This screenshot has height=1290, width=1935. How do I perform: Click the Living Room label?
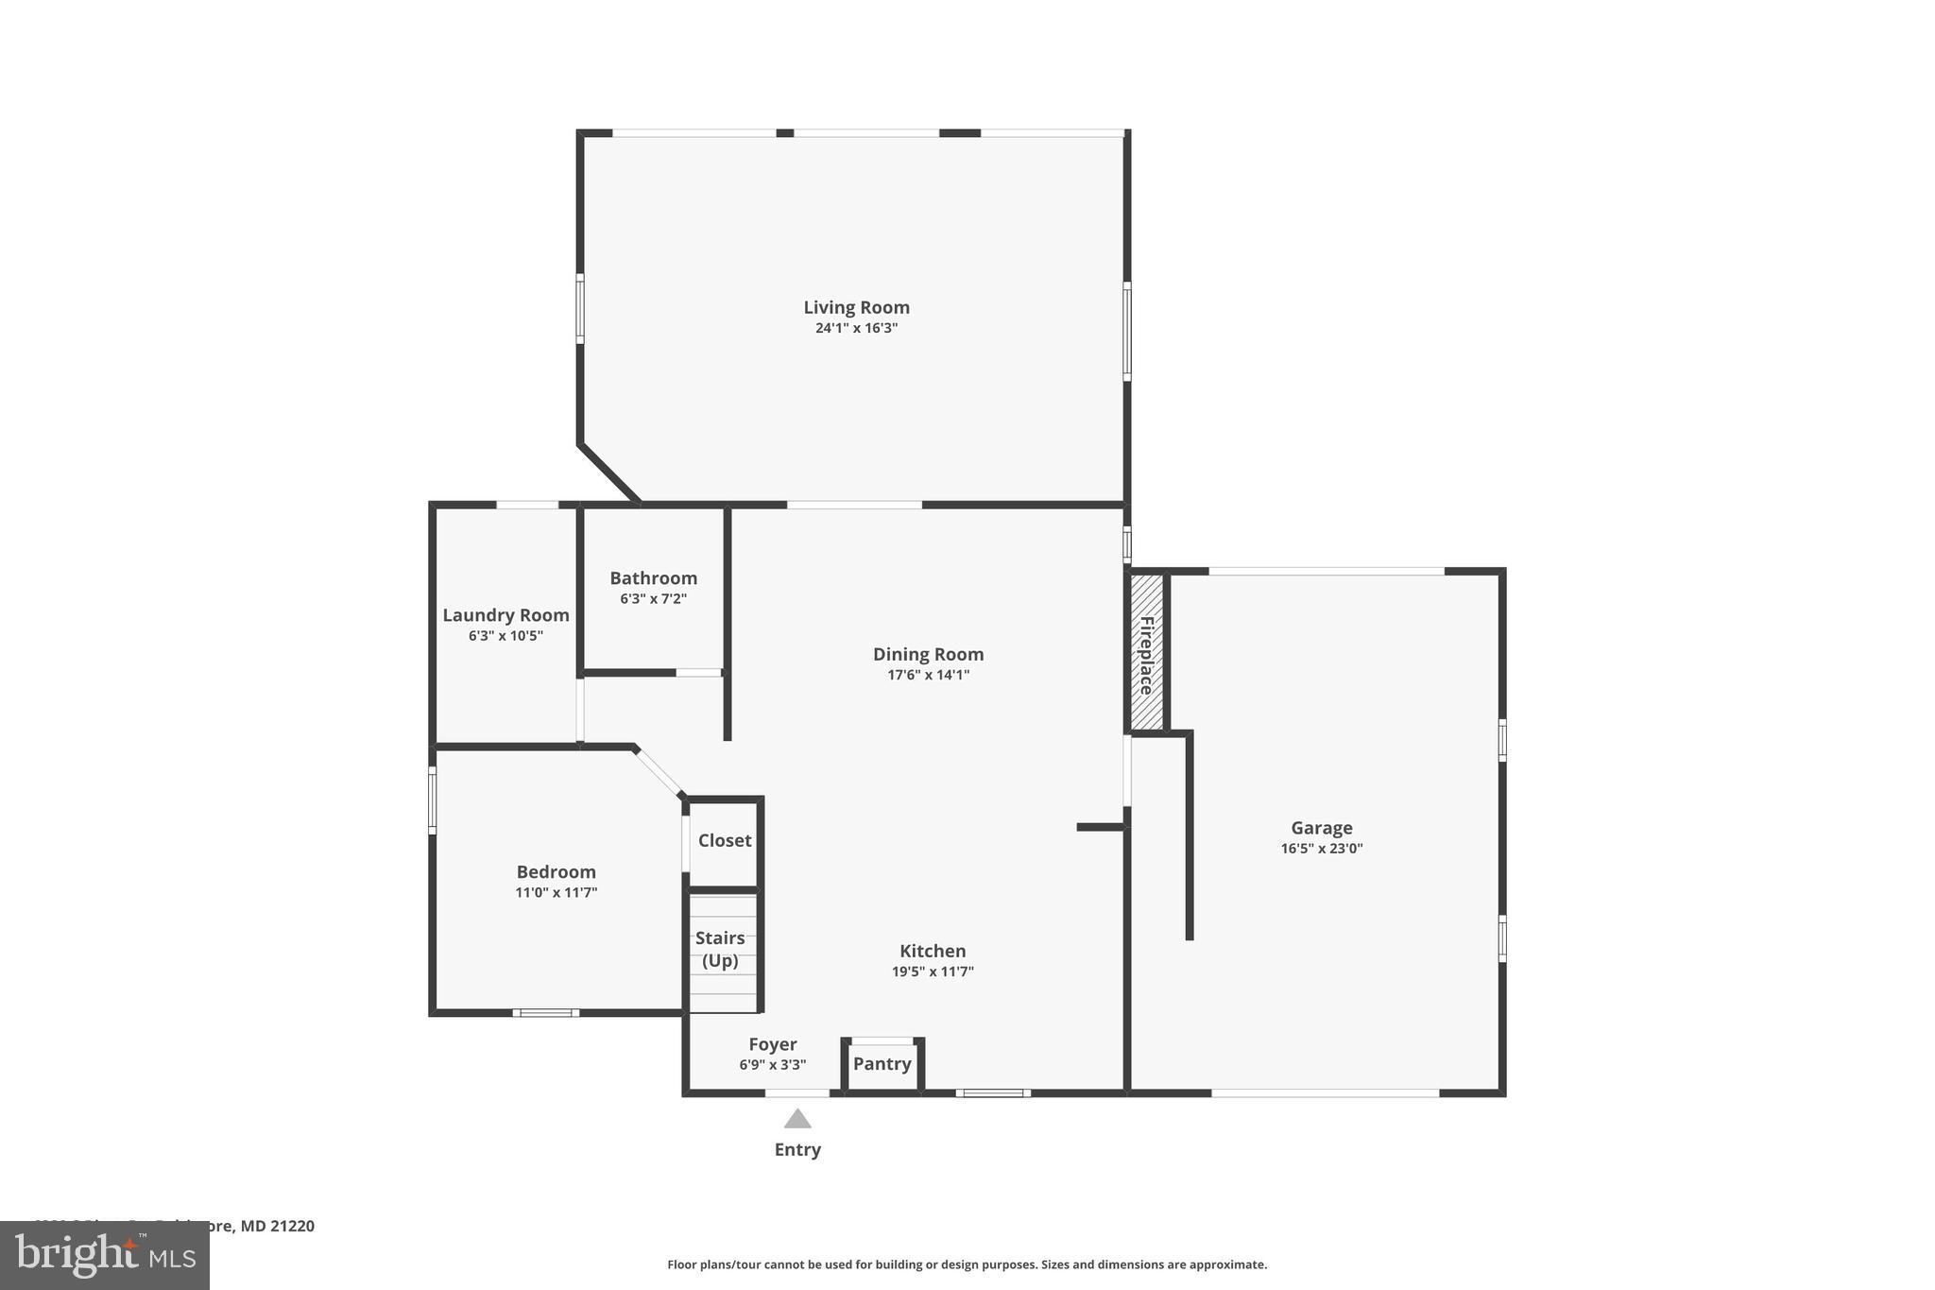coord(856,307)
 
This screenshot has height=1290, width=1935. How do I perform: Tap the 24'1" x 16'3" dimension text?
coord(856,329)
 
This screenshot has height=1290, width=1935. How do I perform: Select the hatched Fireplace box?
coord(1147,653)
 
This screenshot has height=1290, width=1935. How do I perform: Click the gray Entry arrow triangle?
coord(797,1119)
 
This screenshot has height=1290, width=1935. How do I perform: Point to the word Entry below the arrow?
coord(797,1150)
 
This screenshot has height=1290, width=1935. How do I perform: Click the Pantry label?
coord(882,1064)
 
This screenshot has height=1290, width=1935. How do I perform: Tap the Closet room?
coord(724,841)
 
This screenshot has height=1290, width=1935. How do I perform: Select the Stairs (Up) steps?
coord(722,951)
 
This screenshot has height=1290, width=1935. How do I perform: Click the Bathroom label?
coord(653,578)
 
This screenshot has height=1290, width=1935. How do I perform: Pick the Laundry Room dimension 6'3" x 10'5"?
coord(505,636)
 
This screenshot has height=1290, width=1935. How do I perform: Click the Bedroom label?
coord(556,872)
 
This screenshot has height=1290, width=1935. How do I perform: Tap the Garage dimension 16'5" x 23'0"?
coord(1321,849)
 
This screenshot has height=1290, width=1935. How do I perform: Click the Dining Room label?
coord(928,654)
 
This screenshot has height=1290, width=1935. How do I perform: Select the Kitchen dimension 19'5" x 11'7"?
coord(933,972)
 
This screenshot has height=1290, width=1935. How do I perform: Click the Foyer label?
coord(772,1044)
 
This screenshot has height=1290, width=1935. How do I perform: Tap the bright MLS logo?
coord(104,1255)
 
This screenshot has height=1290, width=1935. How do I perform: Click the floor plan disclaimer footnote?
coord(967,1264)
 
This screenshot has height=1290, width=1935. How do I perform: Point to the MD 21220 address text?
coord(277,1226)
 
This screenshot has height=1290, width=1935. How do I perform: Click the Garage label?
coord(1321,828)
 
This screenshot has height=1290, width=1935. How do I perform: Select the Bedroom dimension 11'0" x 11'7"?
coord(556,893)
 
